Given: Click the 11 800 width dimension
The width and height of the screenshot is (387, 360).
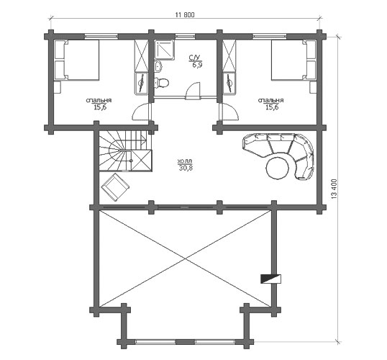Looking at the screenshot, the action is [185, 15].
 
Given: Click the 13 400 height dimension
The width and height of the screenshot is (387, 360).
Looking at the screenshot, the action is [334, 189].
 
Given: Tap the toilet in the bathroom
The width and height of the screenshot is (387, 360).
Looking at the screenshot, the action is [161, 83].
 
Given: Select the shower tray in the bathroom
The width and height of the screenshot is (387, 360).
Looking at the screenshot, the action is [165, 50].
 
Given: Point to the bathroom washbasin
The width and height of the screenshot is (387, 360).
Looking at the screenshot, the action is [158, 66].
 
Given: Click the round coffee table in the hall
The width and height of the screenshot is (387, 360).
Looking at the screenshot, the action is [278, 168].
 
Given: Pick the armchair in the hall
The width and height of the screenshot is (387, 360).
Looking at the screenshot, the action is [115, 186].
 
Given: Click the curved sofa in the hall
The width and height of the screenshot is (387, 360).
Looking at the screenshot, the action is [283, 153].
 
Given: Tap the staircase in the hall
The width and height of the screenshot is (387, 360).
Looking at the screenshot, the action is [125, 150].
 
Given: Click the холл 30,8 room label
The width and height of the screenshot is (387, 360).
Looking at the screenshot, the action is [185, 165].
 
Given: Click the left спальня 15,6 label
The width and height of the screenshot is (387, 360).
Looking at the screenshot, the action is [99, 104].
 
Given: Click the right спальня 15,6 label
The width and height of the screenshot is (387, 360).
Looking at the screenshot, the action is [270, 104].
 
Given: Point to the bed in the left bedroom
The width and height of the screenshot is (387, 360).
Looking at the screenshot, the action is [77, 60].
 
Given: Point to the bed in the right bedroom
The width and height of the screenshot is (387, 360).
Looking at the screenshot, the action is [293, 60].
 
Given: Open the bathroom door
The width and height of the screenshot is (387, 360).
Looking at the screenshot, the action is [193, 91].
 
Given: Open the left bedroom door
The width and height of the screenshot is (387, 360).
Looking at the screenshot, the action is [142, 112].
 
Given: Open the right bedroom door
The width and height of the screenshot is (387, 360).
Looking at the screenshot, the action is [229, 112].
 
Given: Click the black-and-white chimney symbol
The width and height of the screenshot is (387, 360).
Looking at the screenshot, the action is [271, 279].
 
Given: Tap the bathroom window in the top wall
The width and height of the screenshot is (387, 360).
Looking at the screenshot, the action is [185, 36].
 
